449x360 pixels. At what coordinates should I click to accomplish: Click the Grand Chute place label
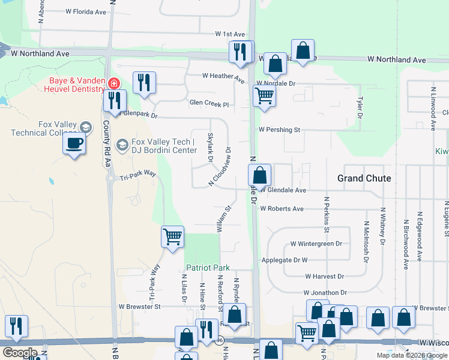[x=364, y=178]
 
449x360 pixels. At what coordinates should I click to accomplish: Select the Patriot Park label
[x=208, y=267]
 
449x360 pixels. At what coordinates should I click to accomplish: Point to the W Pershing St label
[x=279, y=130]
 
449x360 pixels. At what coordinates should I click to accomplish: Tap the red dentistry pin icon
[x=113, y=83]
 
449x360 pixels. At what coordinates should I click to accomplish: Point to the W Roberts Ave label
[x=282, y=209]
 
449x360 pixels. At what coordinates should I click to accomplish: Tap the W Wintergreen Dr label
[x=316, y=244]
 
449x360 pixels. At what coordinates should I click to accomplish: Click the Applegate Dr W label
[x=285, y=260]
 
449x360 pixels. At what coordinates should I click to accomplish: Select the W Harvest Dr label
[x=324, y=277]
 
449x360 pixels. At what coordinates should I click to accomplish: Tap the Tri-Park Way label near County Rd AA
[x=137, y=175]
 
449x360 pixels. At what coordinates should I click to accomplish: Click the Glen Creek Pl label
[x=209, y=104]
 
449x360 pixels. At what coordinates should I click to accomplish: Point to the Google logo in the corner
[x=19, y=353]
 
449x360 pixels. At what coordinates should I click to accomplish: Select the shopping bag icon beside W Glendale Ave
[x=260, y=176]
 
